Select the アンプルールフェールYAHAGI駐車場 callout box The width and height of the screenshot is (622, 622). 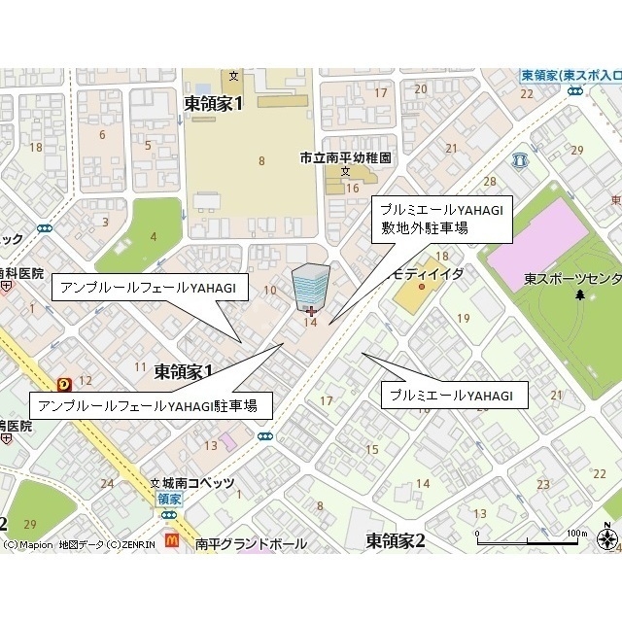(x=151, y=405)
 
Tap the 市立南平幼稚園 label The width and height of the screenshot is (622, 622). (x=345, y=156)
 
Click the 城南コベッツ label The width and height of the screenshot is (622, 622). (x=199, y=483)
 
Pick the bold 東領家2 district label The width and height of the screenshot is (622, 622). (x=396, y=539)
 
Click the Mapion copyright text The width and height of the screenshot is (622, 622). (x=78, y=545)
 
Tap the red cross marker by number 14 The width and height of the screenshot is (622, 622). (x=310, y=311)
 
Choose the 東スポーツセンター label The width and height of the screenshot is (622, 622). (x=572, y=279)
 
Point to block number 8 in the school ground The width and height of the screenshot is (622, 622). (x=261, y=161)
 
